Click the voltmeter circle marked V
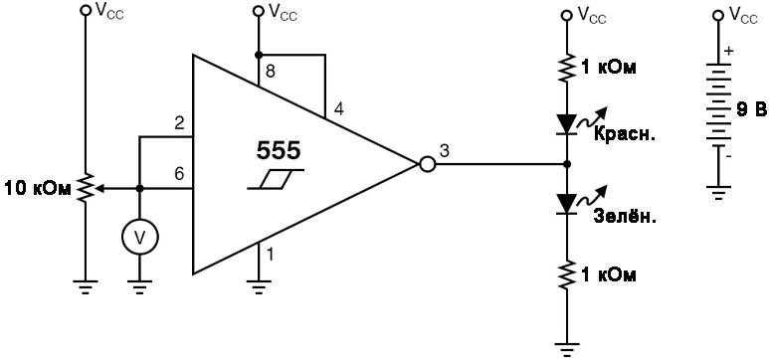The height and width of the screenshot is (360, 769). pyautogui.click(x=139, y=236)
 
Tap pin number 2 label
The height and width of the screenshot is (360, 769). pyautogui.click(x=179, y=123)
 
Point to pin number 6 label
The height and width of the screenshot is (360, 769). pyautogui.click(x=179, y=173)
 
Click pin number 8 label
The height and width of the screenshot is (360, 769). pyautogui.click(x=269, y=72)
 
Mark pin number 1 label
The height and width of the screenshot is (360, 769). pyautogui.click(x=269, y=255)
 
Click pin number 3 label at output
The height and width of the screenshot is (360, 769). pyautogui.click(x=444, y=150)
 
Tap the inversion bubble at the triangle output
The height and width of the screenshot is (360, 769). pyautogui.click(x=428, y=164)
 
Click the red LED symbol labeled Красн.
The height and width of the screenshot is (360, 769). pyautogui.click(x=567, y=124)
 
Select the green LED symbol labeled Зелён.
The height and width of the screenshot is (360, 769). pyautogui.click(x=567, y=204)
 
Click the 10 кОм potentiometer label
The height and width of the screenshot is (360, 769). pyautogui.click(x=37, y=188)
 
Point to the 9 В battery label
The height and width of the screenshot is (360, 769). pyautogui.click(x=751, y=106)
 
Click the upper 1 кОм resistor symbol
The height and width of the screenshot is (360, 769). pyautogui.click(x=567, y=67)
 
